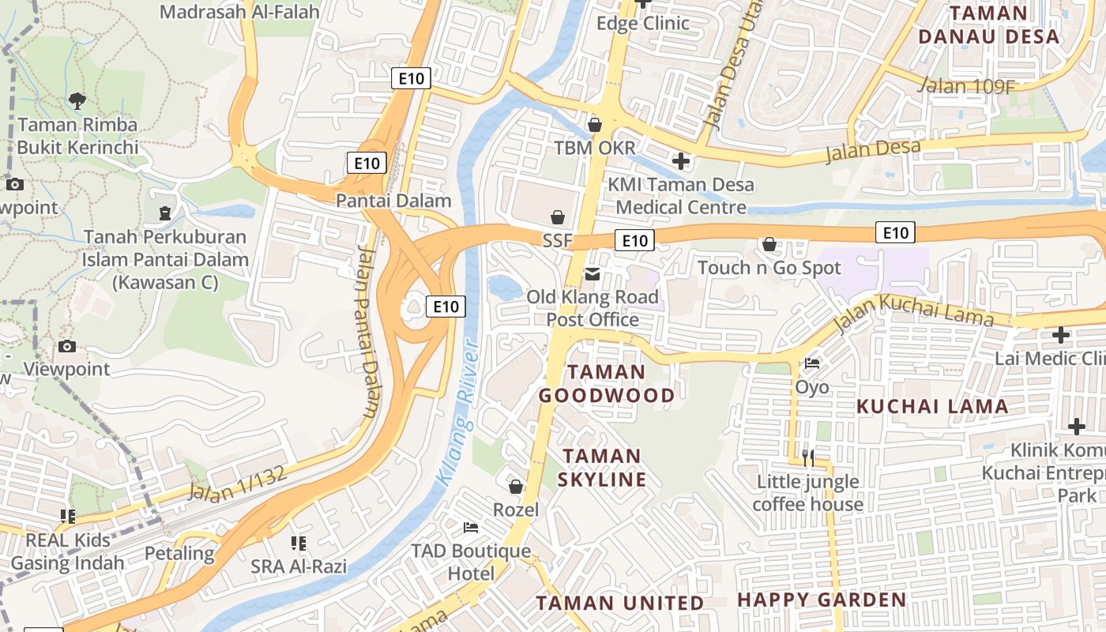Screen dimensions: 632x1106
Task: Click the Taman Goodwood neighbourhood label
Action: click(x=607, y=384)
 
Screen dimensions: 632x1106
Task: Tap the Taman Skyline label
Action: click(x=602, y=468)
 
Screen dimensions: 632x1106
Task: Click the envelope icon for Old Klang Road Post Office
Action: click(x=592, y=274)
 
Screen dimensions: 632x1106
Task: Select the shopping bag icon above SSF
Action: click(x=558, y=217)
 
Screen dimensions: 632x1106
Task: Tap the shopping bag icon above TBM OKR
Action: click(x=595, y=125)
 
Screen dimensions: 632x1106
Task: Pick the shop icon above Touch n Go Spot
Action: click(x=769, y=245)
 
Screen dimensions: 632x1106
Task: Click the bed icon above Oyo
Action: click(x=811, y=363)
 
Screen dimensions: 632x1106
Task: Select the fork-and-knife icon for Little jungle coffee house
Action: click(x=807, y=457)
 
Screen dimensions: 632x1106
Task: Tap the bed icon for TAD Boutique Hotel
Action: click(x=471, y=527)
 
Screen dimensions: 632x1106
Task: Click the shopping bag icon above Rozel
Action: click(x=516, y=487)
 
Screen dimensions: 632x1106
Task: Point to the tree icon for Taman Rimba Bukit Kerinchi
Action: click(x=77, y=100)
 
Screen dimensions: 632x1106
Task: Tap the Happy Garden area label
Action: click(x=822, y=600)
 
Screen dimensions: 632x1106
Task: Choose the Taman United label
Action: click(x=619, y=604)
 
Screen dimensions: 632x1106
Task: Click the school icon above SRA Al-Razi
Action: click(x=299, y=543)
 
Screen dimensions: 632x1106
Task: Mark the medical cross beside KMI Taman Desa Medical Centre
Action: click(x=680, y=161)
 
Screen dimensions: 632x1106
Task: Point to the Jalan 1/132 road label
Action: click(x=236, y=481)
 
